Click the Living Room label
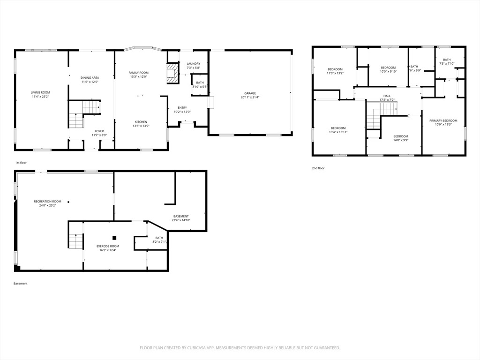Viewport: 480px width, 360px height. (x=40, y=92)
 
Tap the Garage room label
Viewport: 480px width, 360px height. (x=250, y=93)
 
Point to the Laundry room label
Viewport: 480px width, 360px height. (x=193, y=64)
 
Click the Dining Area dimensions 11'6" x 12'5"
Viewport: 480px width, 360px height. (x=89, y=82)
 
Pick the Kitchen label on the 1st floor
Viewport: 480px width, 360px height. (x=141, y=122)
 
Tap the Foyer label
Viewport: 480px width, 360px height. (x=99, y=131)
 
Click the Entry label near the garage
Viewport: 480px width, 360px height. (x=182, y=108)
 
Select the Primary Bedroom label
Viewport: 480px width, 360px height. (x=443, y=120)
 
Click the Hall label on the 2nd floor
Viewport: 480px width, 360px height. (x=387, y=96)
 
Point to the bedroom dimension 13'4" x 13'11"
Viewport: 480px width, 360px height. (x=338, y=132)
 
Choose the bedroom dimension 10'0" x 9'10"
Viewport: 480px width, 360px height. (x=388, y=72)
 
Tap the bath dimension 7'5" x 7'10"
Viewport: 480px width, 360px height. (x=447, y=64)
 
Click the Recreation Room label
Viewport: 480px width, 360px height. (x=47, y=201)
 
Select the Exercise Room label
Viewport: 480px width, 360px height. (x=108, y=246)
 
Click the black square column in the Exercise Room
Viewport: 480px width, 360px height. (x=114, y=237)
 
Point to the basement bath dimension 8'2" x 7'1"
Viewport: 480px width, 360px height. (x=159, y=242)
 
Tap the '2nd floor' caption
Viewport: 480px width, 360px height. (x=318, y=168)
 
